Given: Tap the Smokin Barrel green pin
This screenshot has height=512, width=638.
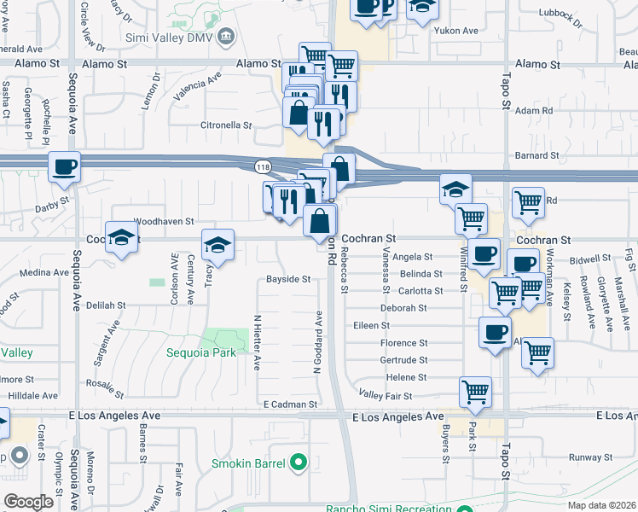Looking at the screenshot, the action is pyautogui.click(x=297, y=463).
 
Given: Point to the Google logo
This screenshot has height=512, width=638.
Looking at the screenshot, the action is pyautogui.click(x=28, y=501).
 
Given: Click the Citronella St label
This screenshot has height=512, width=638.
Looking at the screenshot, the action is pyautogui.click(x=225, y=125).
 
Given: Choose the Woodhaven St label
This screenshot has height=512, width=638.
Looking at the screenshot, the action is pyautogui.click(x=164, y=221).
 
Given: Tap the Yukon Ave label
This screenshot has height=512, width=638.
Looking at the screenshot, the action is pyautogui.click(x=457, y=31).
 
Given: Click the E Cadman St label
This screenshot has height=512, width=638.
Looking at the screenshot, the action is pyautogui.click(x=290, y=404).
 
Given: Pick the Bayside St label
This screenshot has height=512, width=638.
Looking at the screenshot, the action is pyautogui.click(x=287, y=279).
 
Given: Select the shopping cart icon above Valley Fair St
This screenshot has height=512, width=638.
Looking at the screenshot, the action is pyautogui.click(x=475, y=391).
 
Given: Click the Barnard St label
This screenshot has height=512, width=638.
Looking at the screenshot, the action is pyautogui.click(x=536, y=156).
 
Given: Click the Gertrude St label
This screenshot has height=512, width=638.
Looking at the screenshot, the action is pyautogui.click(x=404, y=360).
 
